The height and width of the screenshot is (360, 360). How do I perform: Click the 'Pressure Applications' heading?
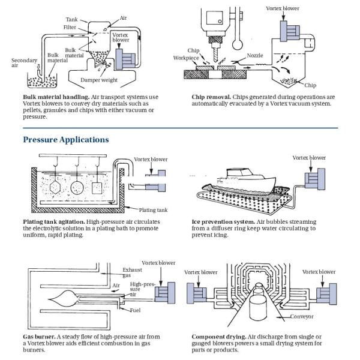tap(66, 139)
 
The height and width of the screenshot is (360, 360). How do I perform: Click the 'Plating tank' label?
tap(152, 209)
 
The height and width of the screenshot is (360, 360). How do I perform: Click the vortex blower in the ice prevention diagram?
tap(312, 179)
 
